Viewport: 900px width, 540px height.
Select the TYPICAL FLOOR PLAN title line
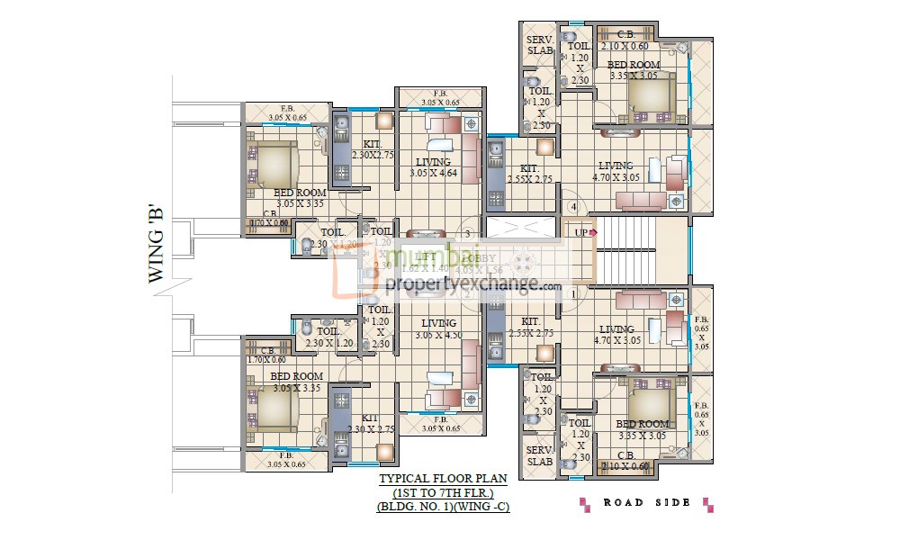click(x=443, y=479)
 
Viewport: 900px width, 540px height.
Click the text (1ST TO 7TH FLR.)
click(x=443, y=493)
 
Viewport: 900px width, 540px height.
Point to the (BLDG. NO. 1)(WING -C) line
click(x=443, y=508)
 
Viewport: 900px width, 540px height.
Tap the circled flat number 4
click(x=572, y=209)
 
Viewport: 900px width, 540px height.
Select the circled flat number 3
click(x=468, y=232)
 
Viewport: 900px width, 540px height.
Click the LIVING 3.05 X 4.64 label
click(x=433, y=167)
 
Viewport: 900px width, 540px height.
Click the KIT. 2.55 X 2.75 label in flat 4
click(x=530, y=174)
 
